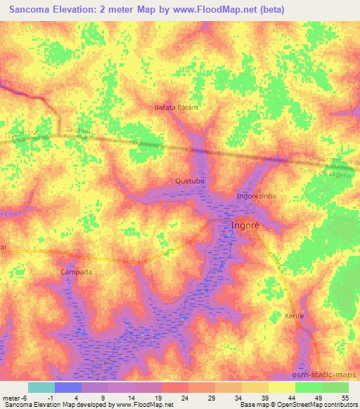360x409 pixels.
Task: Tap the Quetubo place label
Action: click(x=189, y=181)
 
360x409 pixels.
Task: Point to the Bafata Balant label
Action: click(x=176, y=108)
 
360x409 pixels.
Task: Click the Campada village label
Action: click(x=77, y=271)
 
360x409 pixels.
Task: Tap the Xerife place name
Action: click(x=294, y=316)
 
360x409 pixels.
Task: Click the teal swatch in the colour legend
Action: click(x=41, y=387)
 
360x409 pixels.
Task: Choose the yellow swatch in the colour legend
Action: click(x=282, y=387)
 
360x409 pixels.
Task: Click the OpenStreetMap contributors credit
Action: click(x=310, y=405)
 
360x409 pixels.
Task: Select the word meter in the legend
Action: click(x=11, y=398)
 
